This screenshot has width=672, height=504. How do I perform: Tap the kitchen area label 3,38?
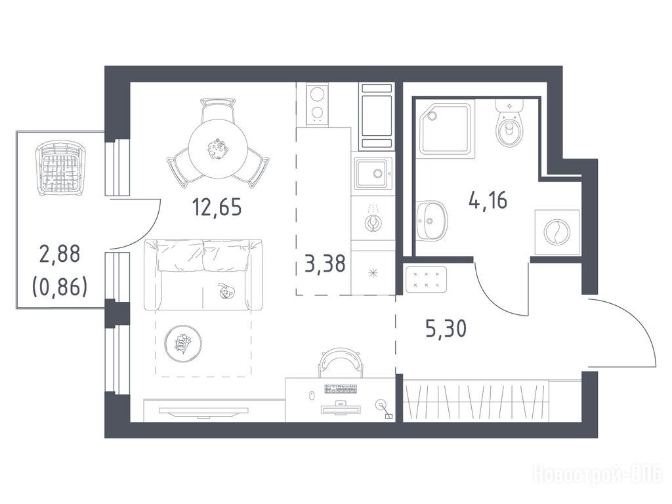click(x=325, y=263)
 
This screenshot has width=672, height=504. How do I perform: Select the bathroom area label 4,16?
click(x=488, y=199)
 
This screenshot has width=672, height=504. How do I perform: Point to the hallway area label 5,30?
click(x=446, y=329)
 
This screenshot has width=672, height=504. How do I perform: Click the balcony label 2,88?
click(x=60, y=254)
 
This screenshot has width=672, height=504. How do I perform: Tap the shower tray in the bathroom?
click(x=446, y=128)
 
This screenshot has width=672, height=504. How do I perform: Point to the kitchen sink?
click(x=373, y=173)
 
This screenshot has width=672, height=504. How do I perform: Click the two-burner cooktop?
click(x=318, y=104)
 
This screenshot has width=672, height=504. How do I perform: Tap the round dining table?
click(x=218, y=149)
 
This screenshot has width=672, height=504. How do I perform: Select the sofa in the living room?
click(x=203, y=275)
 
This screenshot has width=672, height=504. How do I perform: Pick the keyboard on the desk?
click(x=341, y=389)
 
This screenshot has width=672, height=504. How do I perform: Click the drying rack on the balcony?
click(x=60, y=169)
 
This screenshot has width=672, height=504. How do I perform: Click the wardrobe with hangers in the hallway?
click(x=476, y=401)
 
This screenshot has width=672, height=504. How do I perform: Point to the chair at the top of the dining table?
click(x=218, y=110)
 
